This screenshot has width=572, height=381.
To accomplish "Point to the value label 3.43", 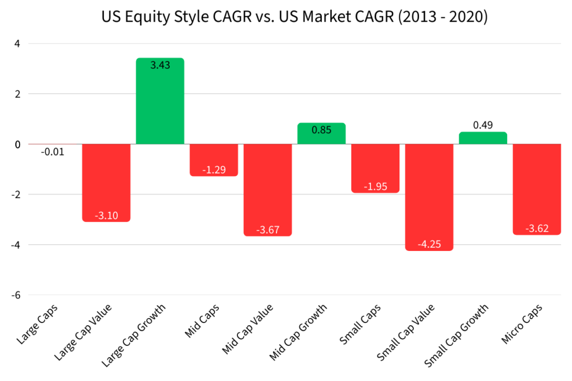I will (x=160, y=65).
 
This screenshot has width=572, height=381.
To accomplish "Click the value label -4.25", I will (x=429, y=244).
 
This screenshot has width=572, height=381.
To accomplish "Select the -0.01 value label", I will (x=53, y=152).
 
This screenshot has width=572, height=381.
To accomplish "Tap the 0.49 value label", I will (x=483, y=125).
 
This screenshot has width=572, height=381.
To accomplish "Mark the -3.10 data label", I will (x=106, y=215).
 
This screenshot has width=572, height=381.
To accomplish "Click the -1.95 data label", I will (x=375, y=186).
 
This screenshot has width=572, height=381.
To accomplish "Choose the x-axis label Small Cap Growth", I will (x=457, y=335).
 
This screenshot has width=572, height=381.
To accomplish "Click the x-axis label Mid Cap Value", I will (x=249, y=329).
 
